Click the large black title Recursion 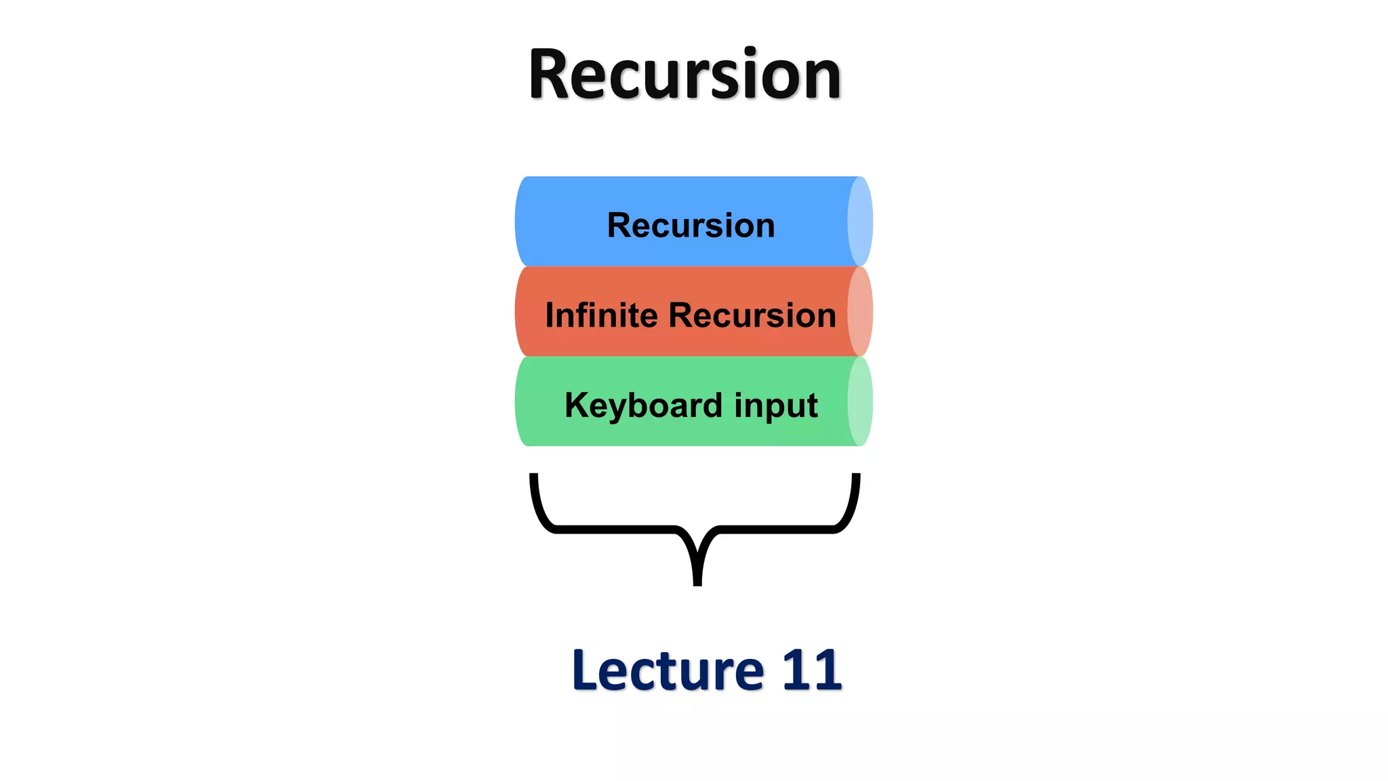[685, 75]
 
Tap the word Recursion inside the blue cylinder [691, 225]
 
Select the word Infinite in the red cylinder [601, 315]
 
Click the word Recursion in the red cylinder [752, 315]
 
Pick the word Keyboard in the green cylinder [643, 405]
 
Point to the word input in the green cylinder [776, 405]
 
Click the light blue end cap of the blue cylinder [860, 221]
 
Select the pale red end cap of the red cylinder [860, 311]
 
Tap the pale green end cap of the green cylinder [860, 401]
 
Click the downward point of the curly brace [697, 580]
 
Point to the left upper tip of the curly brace [534, 477]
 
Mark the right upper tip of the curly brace [856, 477]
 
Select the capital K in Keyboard [577, 405]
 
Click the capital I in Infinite [550, 315]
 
